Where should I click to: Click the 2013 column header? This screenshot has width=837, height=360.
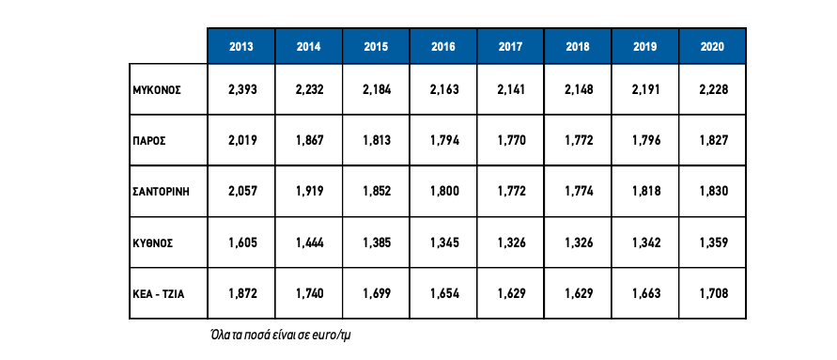pyautogui.click(x=241, y=46)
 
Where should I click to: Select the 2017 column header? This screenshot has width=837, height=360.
pyautogui.click(x=510, y=46)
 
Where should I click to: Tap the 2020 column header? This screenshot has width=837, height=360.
pyautogui.click(x=712, y=46)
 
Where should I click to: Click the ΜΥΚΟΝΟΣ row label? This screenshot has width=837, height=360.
pyautogui.click(x=157, y=89)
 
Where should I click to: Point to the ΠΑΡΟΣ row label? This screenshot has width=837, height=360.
pyautogui.click(x=149, y=141)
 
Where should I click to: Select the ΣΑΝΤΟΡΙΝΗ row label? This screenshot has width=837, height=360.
pyautogui.click(x=162, y=192)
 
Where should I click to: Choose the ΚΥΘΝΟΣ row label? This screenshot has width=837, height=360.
pyautogui.click(x=153, y=243)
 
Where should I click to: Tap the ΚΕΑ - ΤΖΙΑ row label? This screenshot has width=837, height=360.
pyautogui.click(x=159, y=294)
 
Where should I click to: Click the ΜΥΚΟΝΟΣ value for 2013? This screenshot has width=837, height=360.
pyautogui.click(x=242, y=89)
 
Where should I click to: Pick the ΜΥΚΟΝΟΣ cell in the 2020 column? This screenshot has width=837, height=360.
pyautogui.click(x=713, y=89)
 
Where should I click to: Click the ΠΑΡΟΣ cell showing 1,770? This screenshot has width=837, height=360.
pyautogui.click(x=511, y=141)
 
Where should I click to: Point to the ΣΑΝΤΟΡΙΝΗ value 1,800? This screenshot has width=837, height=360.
pyautogui.click(x=444, y=192)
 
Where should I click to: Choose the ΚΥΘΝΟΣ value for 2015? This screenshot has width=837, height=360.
pyautogui.click(x=377, y=243)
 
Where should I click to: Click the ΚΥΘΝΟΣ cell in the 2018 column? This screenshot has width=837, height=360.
pyautogui.click(x=579, y=243)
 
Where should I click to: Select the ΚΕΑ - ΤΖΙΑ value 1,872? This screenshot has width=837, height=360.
pyautogui.click(x=242, y=294)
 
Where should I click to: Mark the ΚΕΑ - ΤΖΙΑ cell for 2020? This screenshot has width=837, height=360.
pyautogui.click(x=713, y=294)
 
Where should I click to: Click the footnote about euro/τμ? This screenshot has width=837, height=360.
pyautogui.click(x=283, y=336)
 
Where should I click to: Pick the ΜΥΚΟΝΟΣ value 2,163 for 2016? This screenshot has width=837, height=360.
pyautogui.click(x=444, y=89)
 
